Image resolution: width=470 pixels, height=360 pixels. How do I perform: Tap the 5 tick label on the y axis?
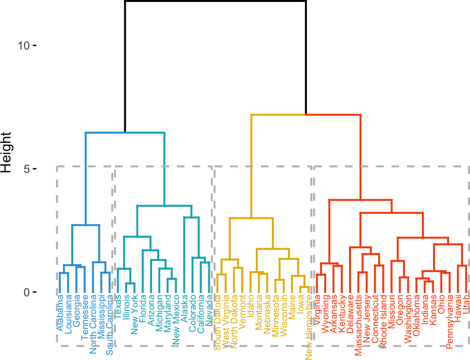click(x=27, y=169)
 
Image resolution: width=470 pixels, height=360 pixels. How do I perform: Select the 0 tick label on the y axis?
click(x=27, y=292)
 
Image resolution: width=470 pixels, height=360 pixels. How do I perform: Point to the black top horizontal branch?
click(x=215, y=1)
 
